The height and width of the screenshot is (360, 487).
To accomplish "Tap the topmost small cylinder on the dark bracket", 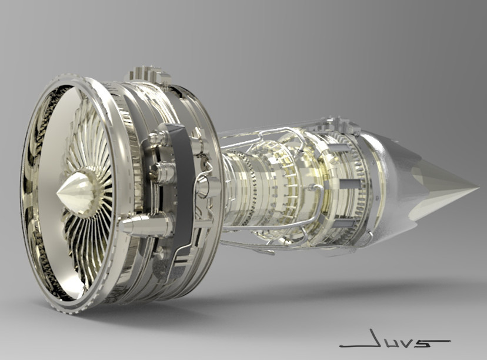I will [x=155, y=139].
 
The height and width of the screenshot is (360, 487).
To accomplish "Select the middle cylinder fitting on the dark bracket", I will [x=162, y=172].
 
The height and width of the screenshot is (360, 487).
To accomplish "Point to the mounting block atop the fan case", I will [x=148, y=76].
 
